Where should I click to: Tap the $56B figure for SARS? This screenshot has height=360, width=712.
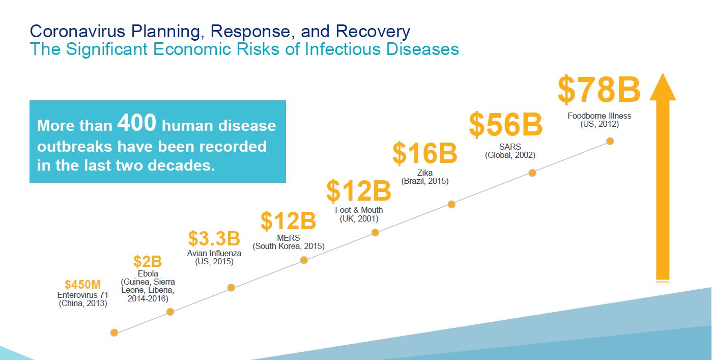(x=505, y=125)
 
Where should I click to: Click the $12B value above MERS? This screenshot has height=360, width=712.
(x=288, y=221)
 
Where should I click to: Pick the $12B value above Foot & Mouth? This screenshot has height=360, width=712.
(x=358, y=191)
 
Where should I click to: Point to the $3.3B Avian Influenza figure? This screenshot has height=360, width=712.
(x=214, y=238)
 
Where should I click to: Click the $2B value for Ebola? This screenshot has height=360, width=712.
(x=148, y=262)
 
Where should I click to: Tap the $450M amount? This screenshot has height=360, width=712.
(x=83, y=284)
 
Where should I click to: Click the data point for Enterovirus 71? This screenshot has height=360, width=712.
(x=115, y=333)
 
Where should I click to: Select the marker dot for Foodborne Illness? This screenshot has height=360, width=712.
(x=610, y=141)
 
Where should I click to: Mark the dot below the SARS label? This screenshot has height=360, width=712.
(x=532, y=173)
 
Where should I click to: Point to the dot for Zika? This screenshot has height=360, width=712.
(x=451, y=204)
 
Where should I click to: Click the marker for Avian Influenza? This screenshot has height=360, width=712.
(x=231, y=288)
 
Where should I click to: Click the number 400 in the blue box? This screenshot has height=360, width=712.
(x=136, y=124)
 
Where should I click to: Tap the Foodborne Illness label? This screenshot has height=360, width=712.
(x=599, y=116)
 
